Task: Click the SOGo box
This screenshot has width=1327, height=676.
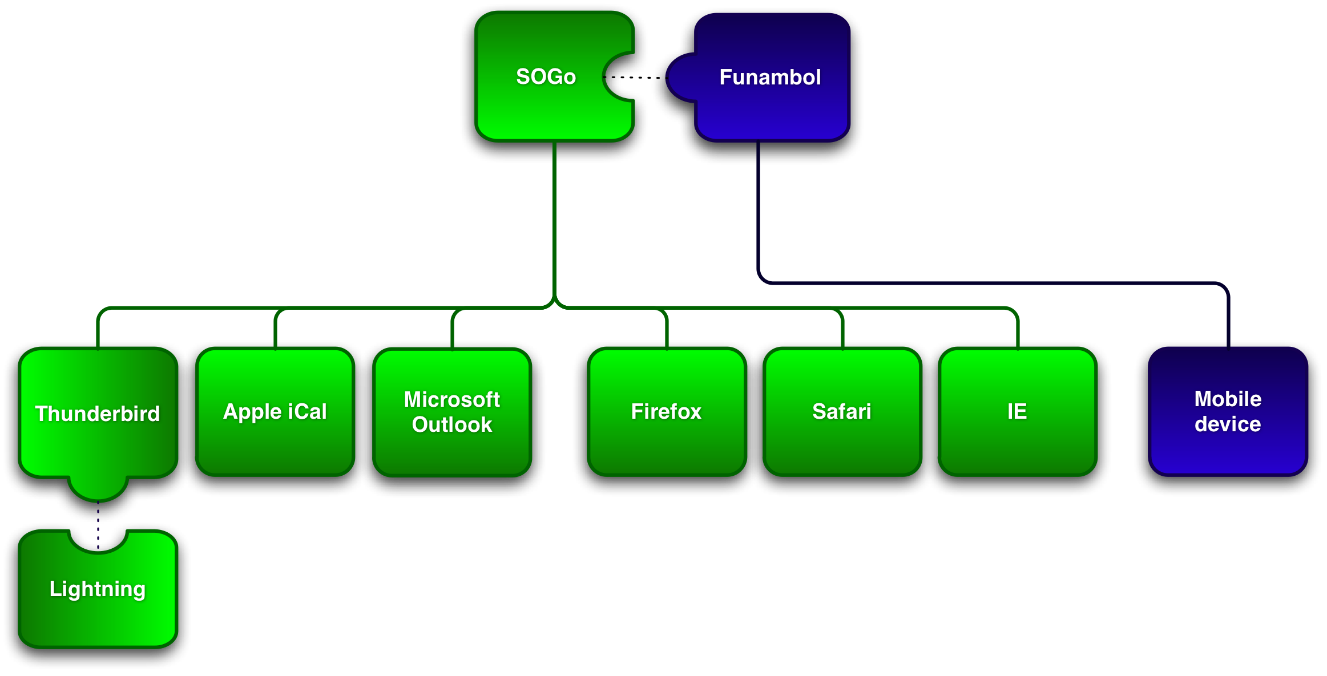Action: tap(545, 77)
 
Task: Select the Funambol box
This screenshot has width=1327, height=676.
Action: tap(771, 77)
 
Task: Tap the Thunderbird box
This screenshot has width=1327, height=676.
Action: tap(98, 413)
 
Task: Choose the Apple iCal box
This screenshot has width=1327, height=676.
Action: tap(275, 412)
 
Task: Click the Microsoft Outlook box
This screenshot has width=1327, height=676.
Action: tap(452, 412)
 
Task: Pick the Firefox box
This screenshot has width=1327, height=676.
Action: tap(667, 412)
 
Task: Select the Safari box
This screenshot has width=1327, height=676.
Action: tap(842, 412)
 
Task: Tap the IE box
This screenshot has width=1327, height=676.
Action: tap(1018, 412)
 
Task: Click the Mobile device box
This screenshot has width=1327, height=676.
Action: tap(1228, 411)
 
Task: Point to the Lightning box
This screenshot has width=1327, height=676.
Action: tap(98, 593)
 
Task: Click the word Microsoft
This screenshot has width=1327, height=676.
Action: tap(452, 399)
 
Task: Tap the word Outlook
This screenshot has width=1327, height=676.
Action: tap(452, 425)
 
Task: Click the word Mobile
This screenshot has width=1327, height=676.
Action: tap(1228, 399)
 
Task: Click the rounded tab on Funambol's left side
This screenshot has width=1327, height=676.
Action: tap(682, 78)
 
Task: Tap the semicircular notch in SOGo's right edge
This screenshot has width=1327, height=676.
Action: tap(619, 77)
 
